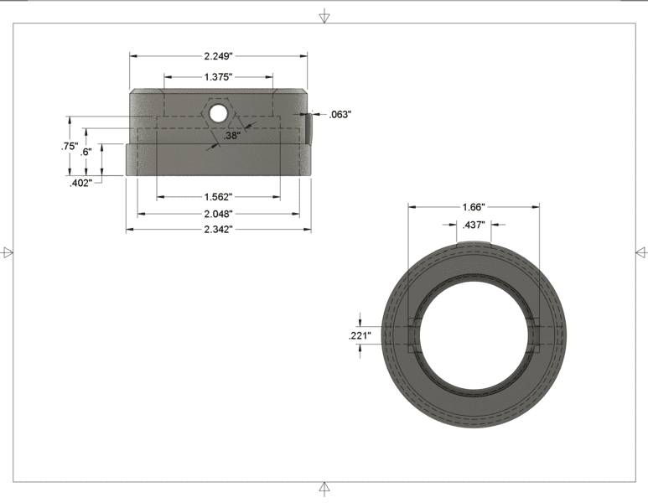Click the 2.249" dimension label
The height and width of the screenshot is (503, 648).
[218, 56]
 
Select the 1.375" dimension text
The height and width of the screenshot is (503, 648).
[218, 77]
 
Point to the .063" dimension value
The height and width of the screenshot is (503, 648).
[340, 114]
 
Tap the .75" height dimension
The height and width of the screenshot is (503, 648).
[70, 146]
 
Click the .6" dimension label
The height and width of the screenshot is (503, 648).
[86, 152]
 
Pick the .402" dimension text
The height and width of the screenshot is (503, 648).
[81, 183]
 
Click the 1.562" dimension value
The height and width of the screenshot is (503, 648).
[218, 197]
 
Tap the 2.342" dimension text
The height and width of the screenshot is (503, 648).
[218, 229]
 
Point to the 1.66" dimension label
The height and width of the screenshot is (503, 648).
[474, 206]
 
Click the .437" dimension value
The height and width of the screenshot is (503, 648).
[474, 225]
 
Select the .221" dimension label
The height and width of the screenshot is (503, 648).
[360, 335]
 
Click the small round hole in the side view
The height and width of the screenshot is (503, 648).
[218, 111]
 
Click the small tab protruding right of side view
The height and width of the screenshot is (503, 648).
[310, 127]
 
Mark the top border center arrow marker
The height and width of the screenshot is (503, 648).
[324, 17]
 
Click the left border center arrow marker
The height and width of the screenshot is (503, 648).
[8, 251]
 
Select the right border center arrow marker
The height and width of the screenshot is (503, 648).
[641, 251]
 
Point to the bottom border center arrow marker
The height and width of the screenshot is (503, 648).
[324, 488]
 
